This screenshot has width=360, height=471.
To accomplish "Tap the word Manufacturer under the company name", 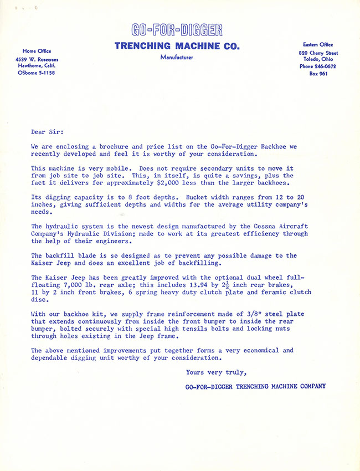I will point(177,57).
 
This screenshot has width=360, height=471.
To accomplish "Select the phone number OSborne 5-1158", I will point(33,73).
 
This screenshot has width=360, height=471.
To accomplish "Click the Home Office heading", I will point(33,51).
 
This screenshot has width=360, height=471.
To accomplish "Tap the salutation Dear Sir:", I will point(47,132).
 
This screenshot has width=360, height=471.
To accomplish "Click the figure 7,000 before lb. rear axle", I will point(66,284).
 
